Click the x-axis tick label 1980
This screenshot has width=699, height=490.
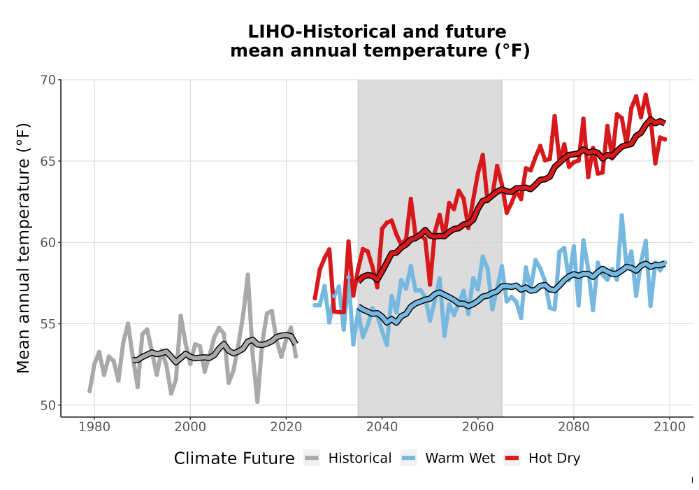coord(94,426)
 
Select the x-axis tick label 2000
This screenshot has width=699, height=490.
coord(190,426)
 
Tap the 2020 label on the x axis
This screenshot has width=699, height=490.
coord(286,426)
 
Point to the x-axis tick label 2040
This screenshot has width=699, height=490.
coord(382,426)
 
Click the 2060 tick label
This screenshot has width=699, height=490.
coord(478,426)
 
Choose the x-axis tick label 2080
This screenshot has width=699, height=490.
coord(574,426)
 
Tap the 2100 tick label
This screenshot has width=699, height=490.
coord(670,426)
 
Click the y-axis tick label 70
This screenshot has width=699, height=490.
coord(48,80)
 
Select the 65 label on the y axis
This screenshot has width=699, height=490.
coord(48,162)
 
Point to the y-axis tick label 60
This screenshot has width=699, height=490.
coord(48,243)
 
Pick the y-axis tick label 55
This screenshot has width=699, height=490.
coord(48,324)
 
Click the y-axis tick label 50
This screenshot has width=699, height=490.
coord(48,405)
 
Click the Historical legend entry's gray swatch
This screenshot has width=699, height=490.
coord(312,458)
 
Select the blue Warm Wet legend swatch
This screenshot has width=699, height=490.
coord(408,458)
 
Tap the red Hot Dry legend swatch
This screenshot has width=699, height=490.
coord(512,458)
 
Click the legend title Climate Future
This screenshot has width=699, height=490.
coord(234,458)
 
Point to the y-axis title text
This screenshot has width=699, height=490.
coord(23,248)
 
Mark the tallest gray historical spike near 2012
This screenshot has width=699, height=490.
coord(248,275)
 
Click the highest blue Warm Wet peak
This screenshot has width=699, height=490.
coord(621,216)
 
